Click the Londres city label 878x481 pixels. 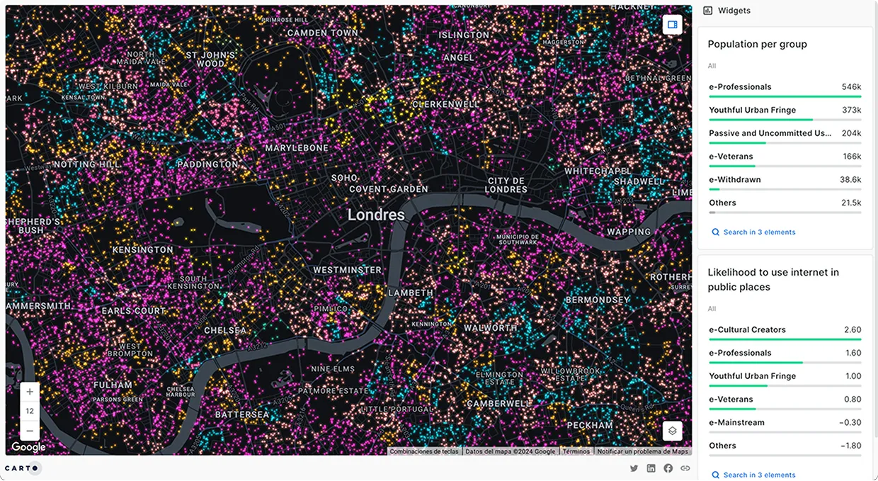point(376,215)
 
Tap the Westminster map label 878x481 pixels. point(347,270)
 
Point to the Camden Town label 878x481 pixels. point(323,33)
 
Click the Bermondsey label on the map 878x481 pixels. point(598,300)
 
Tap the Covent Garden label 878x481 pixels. point(389,189)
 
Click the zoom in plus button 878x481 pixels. point(30,392)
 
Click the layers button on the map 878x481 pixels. point(673,431)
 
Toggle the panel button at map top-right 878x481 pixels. point(673,25)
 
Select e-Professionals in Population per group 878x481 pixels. point(740,87)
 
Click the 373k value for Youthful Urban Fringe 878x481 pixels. point(852,111)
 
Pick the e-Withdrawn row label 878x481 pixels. point(735,180)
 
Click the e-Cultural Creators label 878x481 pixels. point(747,330)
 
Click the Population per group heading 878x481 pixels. point(757,44)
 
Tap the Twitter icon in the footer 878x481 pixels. point(634,468)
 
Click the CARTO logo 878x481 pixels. point(23,468)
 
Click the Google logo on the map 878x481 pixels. point(28,447)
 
